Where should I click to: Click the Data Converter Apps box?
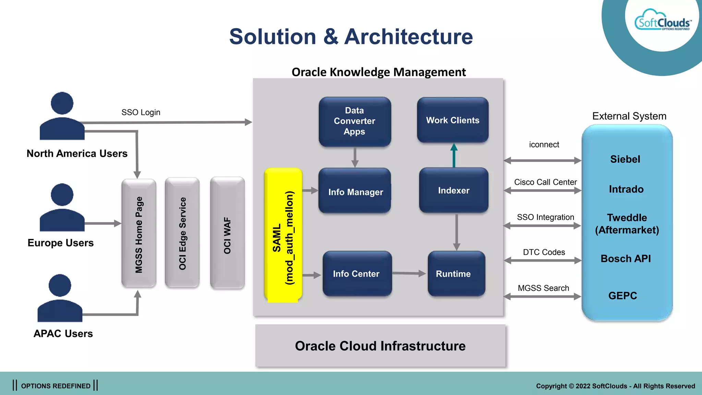pyautogui.click(x=355, y=121)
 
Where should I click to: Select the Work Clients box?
pyautogui.click(x=452, y=120)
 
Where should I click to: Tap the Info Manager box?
pyautogui.click(x=355, y=191)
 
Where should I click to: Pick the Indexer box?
pyautogui.click(x=453, y=190)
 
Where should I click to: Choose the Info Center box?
pyautogui.click(x=356, y=274)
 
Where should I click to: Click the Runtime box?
pyautogui.click(x=456, y=274)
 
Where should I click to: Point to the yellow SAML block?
pyautogui.click(x=283, y=235)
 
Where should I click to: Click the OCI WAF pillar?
pyautogui.click(x=227, y=233)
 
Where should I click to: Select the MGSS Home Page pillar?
pyautogui.click(x=139, y=233)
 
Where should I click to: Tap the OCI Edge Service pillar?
pyautogui.click(x=182, y=233)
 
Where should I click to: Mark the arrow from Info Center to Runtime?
pyautogui.click(x=409, y=273)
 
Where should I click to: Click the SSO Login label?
pyautogui.click(x=141, y=112)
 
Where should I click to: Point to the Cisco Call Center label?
pyautogui.click(x=545, y=182)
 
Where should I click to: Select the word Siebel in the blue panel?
pyautogui.click(x=625, y=159)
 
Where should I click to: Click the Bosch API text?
pyautogui.click(x=626, y=259)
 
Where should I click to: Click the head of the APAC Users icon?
pyautogui.click(x=60, y=285)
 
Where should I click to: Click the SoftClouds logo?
pyautogui.click(x=663, y=21)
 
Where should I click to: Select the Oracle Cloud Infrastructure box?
pyautogui.click(x=380, y=346)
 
